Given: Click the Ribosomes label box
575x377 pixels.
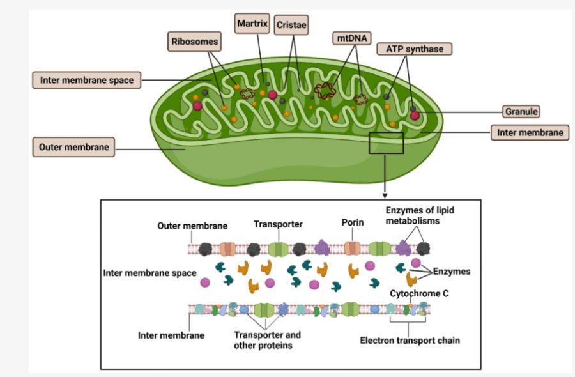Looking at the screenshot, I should (x=195, y=43).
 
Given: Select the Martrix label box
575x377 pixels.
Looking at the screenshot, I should (x=252, y=24).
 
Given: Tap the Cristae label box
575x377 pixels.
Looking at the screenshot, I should (x=291, y=26).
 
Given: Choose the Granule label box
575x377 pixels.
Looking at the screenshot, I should (x=521, y=111).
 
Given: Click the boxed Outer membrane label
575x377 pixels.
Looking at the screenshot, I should (x=73, y=147).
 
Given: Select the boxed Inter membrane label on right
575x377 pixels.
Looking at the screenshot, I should (x=529, y=132).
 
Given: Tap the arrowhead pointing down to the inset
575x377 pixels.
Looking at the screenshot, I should (x=385, y=194).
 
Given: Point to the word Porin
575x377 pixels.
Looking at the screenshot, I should (x=352, y=223).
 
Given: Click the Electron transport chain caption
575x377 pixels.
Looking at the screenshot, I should (x=410, y=341).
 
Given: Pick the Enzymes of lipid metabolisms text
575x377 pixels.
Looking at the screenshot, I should (x=418, y=216).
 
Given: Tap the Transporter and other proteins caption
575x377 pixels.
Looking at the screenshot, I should (x=267, y=340).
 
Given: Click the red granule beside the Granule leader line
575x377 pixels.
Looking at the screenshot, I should (x=415, y=116).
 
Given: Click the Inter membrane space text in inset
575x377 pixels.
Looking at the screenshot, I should (x=149, y=273).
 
